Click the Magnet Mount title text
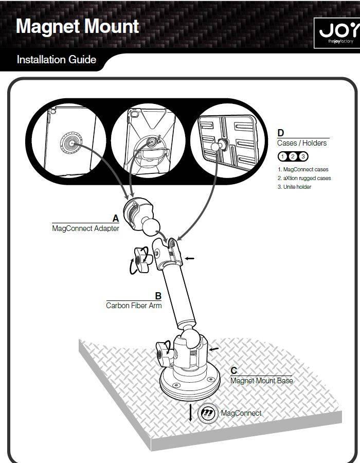(77, 27)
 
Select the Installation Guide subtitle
(56, 60)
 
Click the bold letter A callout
(116, 219)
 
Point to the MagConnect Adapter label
(85, 228)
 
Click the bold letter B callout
(158, 296)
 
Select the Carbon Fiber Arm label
(134, 306)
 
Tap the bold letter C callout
(233, 371)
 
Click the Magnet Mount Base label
(261, 381)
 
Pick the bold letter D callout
(281, 133)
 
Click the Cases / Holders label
(302, 143)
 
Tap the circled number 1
(282, 156)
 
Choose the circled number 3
(303, 156)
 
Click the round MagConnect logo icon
(208, 413)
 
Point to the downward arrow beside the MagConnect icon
(190, 413)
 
